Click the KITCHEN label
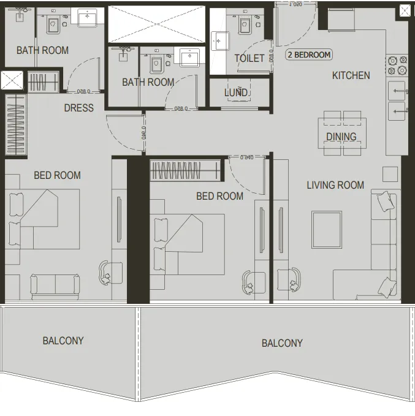click(351, 75)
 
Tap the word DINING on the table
click(341, 137)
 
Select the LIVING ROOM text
click(335, 184)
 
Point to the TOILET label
click(249, 58)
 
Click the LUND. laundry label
click(236, 93)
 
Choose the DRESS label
click(79, 108)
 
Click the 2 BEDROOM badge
click(309, 55)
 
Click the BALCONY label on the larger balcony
click(282, 343)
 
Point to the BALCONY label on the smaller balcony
click(63, 341)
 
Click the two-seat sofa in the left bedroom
click(55, 285)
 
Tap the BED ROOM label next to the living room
click(219, 196)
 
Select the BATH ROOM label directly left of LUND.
click(148, 82)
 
